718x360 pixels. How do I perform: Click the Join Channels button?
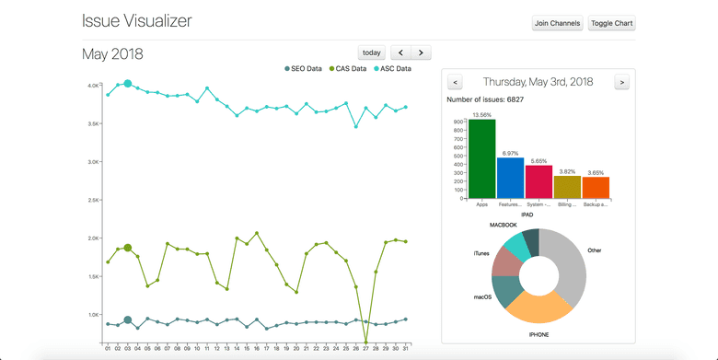coord(558,23)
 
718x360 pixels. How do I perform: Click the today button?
coord(371,52)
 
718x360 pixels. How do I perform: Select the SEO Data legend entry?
coord(303,69)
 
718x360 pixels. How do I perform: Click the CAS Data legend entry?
coord(347,69)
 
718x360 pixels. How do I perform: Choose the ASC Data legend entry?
coord(391,69)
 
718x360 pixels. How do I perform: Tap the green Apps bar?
coord(481,158)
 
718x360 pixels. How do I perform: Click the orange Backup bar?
coord(596,187)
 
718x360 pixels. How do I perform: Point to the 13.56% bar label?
coord(481,115)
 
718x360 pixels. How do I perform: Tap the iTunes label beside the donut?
coord(481,252)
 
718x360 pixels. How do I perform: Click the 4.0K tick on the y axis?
coord(94,86)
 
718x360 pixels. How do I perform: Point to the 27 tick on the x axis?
coord(366,348)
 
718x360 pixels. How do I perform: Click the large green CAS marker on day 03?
coord(128,248)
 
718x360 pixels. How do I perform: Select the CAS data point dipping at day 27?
coord(366,342)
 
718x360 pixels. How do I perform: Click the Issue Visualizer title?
coord(136,21)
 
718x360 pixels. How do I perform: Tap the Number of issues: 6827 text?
coord(485,99)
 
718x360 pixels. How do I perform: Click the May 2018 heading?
coord(112,54)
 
